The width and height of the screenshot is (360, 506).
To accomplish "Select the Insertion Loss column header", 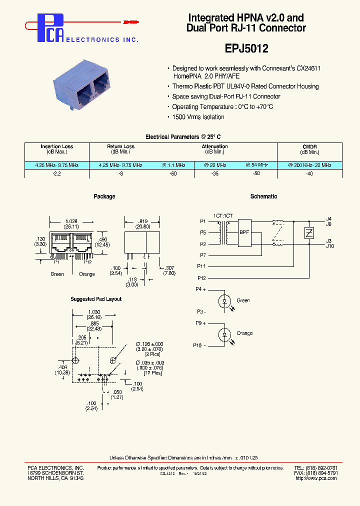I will [x=57, y=146].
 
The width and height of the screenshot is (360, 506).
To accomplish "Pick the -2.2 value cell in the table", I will [x=57, y=173].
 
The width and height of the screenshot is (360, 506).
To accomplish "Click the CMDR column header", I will [x=309, y=146].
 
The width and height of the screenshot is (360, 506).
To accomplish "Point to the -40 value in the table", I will [x=309, y=173].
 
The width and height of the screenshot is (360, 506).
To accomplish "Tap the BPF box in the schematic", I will [x=245, y=232].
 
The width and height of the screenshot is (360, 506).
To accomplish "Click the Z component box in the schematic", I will [x=309, y=232].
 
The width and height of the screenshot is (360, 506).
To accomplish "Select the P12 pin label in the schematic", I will [x=201, y=278].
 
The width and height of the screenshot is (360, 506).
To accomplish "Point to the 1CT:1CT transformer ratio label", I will [x=223, y=215].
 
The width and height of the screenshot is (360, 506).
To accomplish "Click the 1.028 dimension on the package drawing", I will [x=70, y=220].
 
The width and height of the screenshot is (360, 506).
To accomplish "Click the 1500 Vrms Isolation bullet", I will [x=198, y=117].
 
